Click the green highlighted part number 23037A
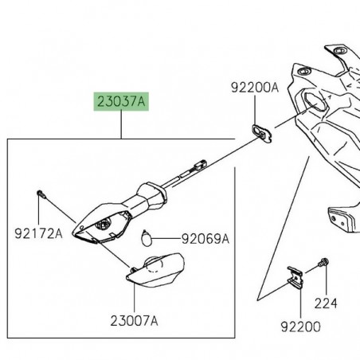point(122,103)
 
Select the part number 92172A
point(37,233)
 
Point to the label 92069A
point(205,238)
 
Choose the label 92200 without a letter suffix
point(299,326)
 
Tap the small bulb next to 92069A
point(146,236)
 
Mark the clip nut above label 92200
point(296,275)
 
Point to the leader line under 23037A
point(122,127)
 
